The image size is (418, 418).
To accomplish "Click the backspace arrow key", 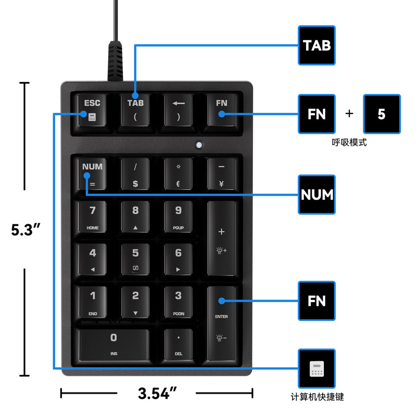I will pos(179,110).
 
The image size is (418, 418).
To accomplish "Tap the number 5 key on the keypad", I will pos(135,259).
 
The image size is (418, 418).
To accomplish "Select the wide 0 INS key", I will pos(114,344).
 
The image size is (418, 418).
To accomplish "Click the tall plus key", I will pos(221,238).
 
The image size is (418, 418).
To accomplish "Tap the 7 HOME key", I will pos(93,216).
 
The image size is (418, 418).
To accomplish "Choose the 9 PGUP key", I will pos(179,216).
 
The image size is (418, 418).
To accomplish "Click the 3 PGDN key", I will pos(179,302).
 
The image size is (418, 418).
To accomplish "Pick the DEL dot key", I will pos(179,344).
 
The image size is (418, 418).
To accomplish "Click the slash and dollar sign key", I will pos(135,174).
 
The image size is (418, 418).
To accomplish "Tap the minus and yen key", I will pos(221,174).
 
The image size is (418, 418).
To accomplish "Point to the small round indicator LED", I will pos(199,145).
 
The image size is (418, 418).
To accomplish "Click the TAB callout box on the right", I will pos(317,45).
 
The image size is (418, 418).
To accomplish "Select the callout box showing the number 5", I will pos(381,114).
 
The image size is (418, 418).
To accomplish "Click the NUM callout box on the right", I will pos(317,195).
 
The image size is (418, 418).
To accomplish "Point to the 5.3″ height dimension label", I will pos(26,229).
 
